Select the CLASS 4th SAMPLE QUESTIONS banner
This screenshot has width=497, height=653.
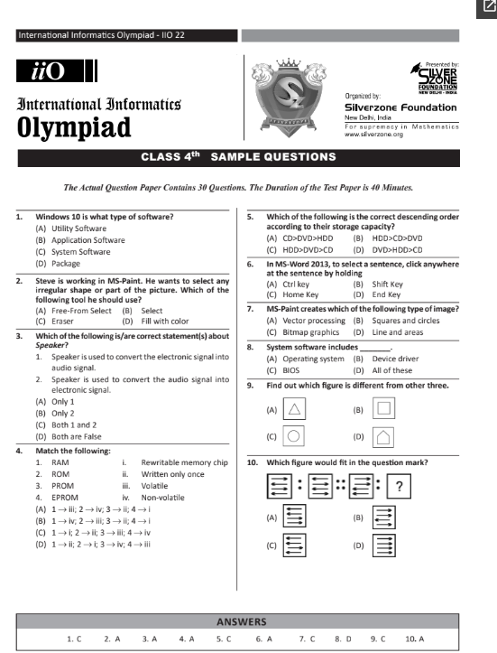[239, 157]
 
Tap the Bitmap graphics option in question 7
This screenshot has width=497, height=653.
[303, 331]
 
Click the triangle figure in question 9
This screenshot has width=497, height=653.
[293, 409]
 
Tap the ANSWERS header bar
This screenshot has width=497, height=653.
[241, 622]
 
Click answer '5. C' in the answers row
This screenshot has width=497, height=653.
[224, 638]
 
